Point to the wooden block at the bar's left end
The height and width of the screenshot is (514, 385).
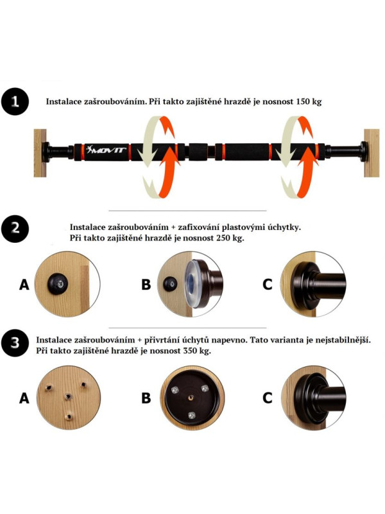click(40, 153)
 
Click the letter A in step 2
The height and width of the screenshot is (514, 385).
click(24, 284)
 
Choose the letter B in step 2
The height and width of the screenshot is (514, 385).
click(146, 284)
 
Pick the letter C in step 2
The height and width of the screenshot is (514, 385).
click(268, 284)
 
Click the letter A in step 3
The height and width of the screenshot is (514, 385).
click(24, 398)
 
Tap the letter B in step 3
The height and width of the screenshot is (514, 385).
click(146, 398)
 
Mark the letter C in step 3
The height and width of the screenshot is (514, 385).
click(268, 398)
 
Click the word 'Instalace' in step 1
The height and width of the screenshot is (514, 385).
click(65, 102)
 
